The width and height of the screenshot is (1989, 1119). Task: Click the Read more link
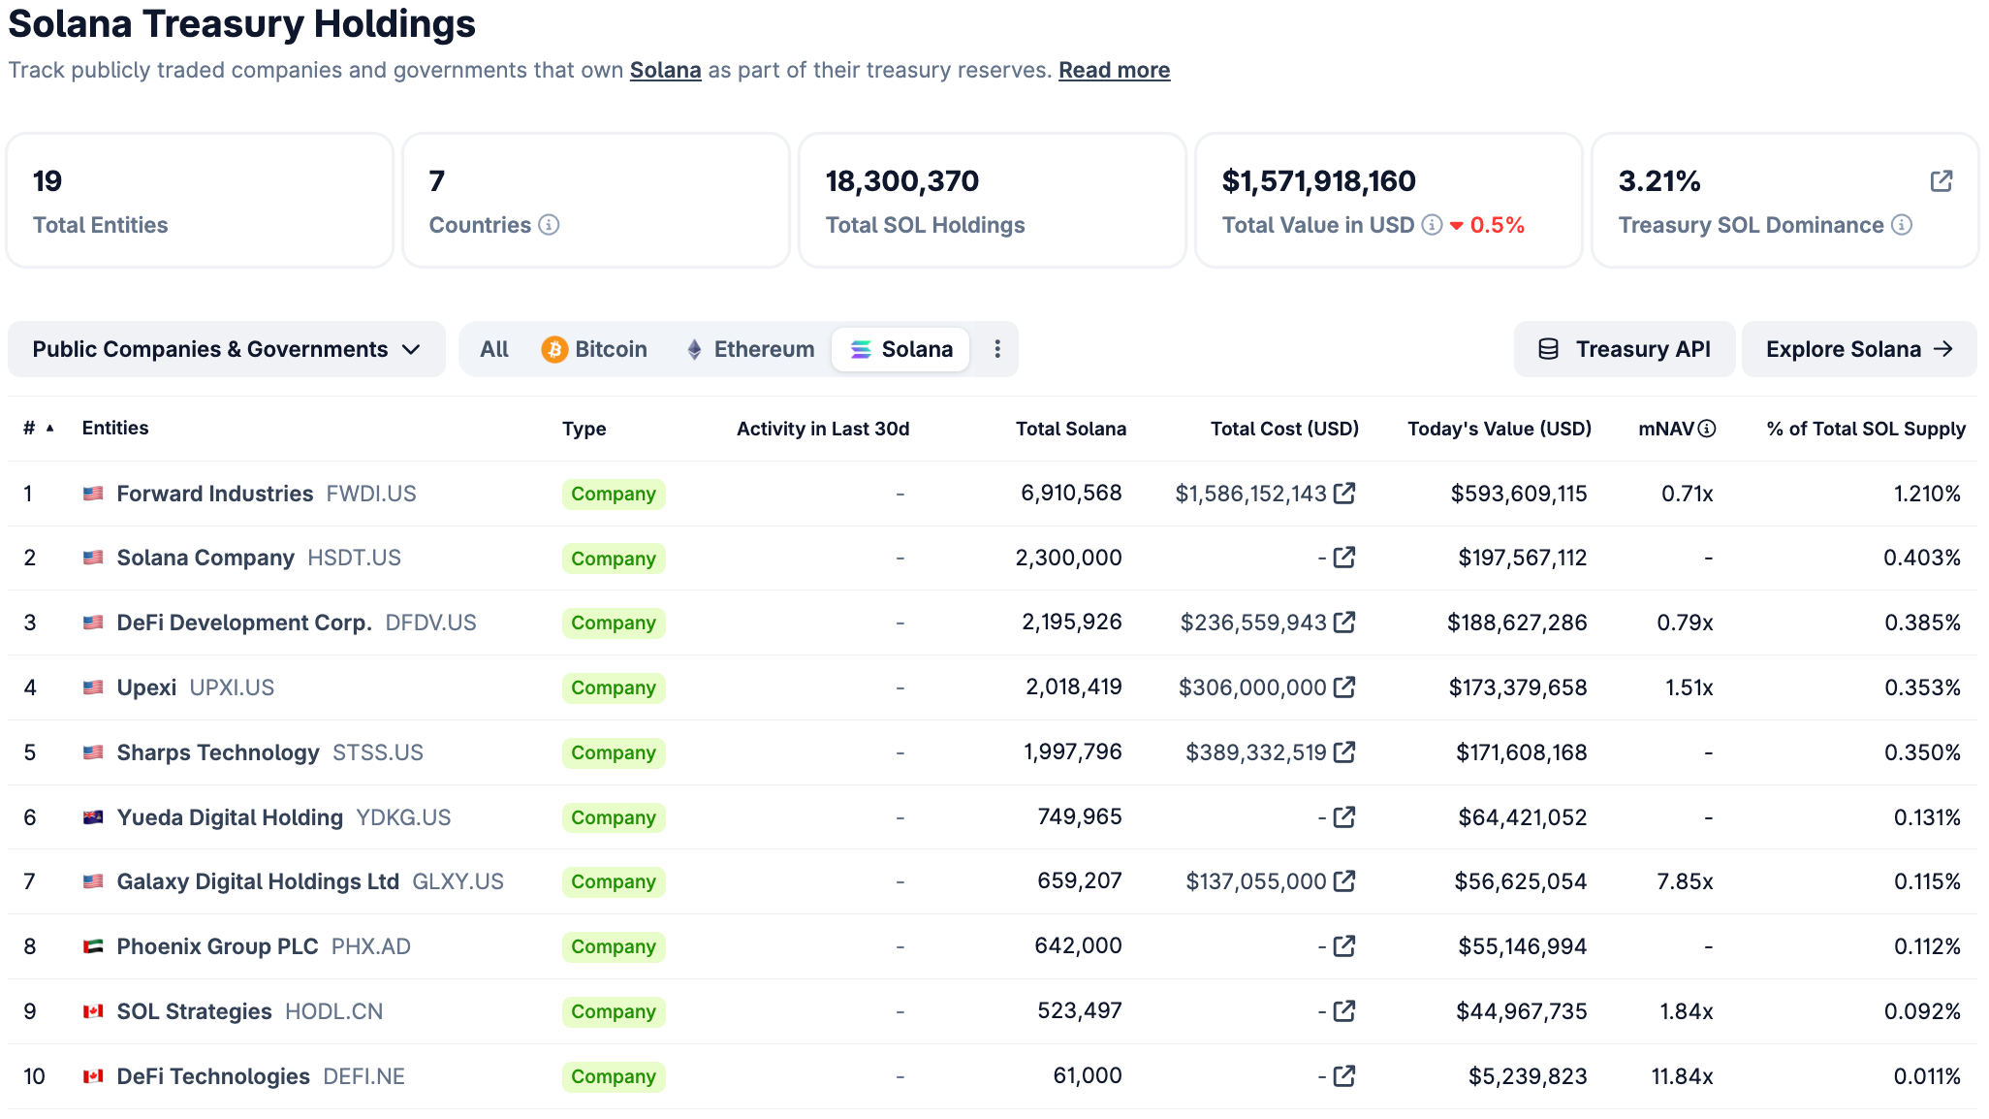[x=1114, y=71]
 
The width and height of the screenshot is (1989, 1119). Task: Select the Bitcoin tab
[x=594, y=349]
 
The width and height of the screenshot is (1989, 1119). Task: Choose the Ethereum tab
[x=750, y=349]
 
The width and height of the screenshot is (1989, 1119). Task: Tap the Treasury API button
[x=1625, y=349]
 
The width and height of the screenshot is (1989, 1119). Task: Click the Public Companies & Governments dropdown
[x=226, y=349]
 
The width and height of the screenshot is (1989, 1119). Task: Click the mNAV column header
[x=1666, y=429]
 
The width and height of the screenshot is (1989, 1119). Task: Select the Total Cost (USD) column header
[x=1284, y=429]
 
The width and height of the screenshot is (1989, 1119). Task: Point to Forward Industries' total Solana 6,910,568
[x=1071, y=494]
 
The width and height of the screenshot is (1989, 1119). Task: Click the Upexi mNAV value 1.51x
[x=1689, y=687]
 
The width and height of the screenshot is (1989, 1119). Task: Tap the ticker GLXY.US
[x=458, y=881]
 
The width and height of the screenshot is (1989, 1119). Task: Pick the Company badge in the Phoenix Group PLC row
[x=614, y=946]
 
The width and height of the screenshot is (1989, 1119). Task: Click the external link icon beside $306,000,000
[x=1344, y=687]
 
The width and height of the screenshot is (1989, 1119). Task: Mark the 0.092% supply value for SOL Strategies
[x=1922, y=1011]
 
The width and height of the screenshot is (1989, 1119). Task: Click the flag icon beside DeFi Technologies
[x=93, y=1076]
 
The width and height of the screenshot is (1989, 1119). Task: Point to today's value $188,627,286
[x=1517, y=623]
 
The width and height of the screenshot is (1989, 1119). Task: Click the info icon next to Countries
[x=549, y=225]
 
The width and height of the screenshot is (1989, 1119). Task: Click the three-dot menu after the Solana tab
[x=997, y=349]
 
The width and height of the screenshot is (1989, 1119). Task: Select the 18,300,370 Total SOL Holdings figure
[x=902, y=181]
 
